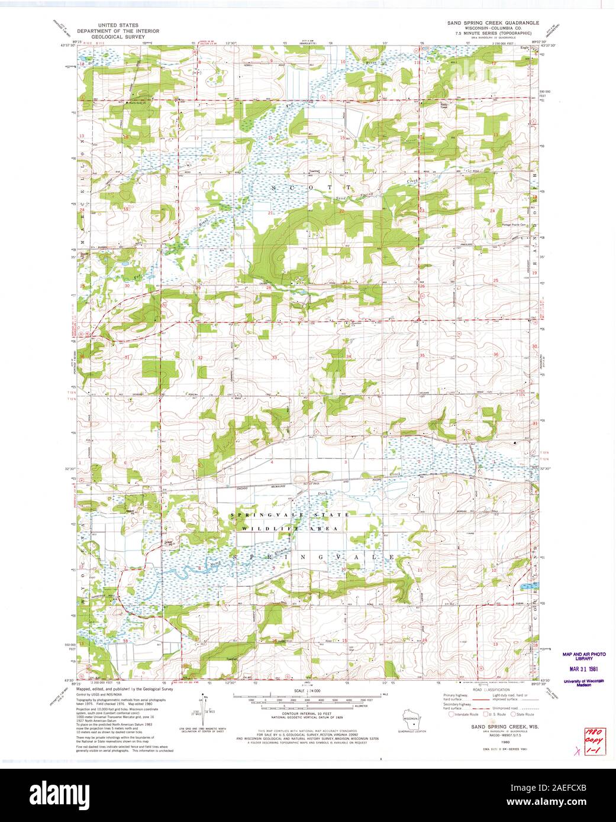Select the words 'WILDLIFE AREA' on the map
[289, 528]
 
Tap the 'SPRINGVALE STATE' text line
[289, 515]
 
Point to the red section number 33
[274, 357]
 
